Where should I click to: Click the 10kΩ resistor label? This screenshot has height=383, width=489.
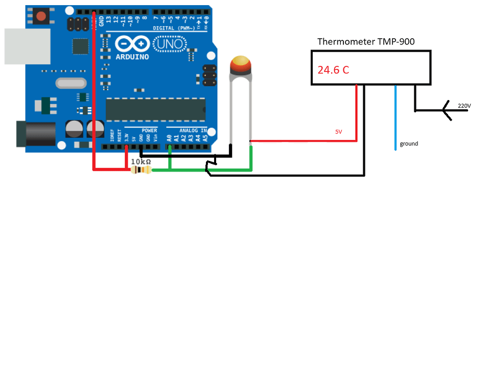point(141,161)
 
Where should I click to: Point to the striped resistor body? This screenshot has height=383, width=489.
point(141,170)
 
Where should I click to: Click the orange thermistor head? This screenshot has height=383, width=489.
point(241,65)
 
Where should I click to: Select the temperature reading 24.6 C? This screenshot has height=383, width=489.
point(333,70)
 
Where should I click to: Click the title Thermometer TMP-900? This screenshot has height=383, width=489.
point(366,41)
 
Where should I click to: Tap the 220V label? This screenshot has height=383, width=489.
point(464,106)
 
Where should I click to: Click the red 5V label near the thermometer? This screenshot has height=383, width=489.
point(339,132)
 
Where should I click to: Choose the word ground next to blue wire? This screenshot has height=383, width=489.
point(409,144)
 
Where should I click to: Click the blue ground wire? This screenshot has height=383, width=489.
point(395,117)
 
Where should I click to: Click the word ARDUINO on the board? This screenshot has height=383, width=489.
point(132,57)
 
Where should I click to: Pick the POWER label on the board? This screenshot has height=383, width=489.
point(149,130)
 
